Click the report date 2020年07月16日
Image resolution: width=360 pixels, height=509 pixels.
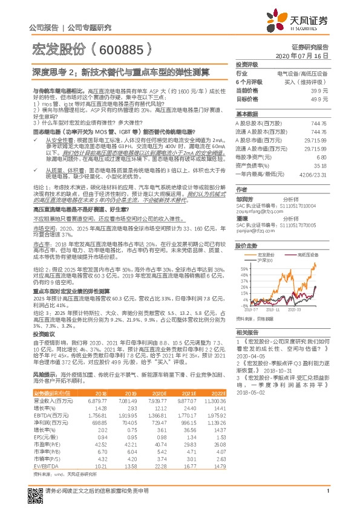click(x=306, y=55)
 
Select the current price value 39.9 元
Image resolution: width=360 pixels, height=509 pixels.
click(x=319, y=90)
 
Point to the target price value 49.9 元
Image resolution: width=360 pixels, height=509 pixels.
click(x=319, y=98)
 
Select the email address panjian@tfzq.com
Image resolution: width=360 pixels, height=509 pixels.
click(x=255, y=230)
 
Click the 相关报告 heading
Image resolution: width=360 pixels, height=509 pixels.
click(x=247, y=333)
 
